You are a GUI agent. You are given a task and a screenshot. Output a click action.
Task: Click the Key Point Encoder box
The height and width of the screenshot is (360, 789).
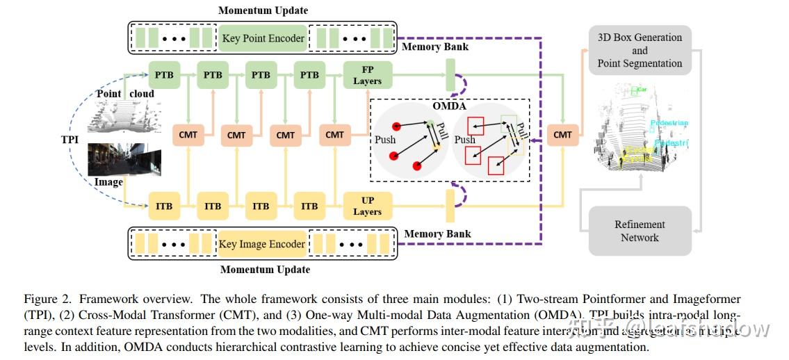point(263,38)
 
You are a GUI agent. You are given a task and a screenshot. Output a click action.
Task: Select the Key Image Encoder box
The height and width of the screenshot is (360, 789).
point(262,244)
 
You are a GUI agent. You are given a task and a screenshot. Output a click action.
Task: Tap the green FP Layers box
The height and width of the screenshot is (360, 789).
point(367,76)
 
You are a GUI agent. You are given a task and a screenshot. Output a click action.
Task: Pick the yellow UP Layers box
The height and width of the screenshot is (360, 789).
point(367,206)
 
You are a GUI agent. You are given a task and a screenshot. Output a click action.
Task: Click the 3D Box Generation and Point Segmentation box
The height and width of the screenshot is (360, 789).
point(640,50)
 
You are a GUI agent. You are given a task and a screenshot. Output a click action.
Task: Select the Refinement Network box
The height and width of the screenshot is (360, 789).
point(640,231)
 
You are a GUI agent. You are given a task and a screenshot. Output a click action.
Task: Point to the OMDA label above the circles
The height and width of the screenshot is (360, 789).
point(449,106)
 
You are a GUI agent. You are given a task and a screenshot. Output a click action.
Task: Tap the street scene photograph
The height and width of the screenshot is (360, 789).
point(124,160)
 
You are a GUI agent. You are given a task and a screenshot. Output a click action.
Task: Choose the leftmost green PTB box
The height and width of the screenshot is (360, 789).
point(164,75)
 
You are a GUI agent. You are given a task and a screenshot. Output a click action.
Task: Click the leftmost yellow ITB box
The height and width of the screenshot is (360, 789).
point(164,206)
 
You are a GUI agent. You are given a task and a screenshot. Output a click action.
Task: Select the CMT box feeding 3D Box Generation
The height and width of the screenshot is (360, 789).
point(562,134)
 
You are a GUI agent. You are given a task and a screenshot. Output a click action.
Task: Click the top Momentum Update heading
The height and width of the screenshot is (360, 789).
point(263,10)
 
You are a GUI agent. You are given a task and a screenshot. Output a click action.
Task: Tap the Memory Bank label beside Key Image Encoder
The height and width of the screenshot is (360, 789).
point(437,234)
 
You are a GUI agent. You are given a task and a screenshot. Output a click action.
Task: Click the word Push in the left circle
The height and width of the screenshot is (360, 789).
point(385,140)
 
